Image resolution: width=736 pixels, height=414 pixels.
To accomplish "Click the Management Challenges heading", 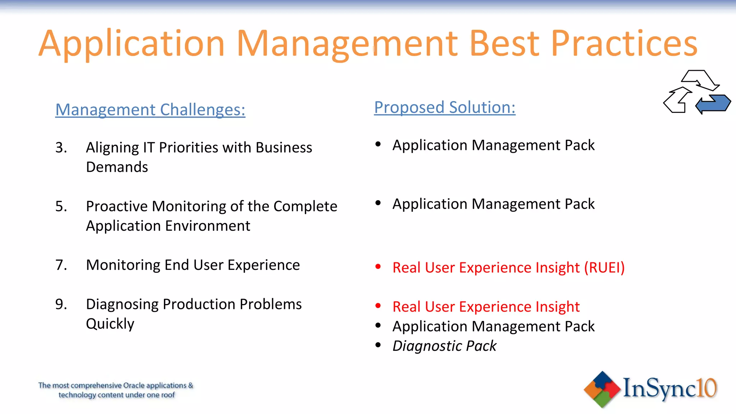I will [x=150, y=110].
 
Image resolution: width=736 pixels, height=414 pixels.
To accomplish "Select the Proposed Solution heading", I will [x=445, y=107].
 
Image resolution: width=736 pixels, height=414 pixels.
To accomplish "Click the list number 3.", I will [x=61, y=148].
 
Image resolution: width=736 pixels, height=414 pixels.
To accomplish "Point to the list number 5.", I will [x=61, y=206].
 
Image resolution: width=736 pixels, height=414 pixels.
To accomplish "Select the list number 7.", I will [x=61, y=265].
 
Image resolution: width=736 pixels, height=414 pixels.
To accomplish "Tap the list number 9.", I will [x=61, y=304].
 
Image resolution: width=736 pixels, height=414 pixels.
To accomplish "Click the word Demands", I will [x=117, y=167].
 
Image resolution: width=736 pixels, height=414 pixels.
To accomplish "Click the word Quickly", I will [x=110, y=324].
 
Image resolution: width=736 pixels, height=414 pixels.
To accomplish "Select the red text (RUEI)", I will [x=604, y=268].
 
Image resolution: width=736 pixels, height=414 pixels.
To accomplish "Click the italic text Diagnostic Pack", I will [x=444, y=346].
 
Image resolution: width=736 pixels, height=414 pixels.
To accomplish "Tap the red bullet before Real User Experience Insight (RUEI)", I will [x=378, y=267].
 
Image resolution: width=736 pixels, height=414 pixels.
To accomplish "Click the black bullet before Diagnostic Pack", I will [x=378, y=345].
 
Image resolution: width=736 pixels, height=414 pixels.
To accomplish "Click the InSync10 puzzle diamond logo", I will [x=602, y=389].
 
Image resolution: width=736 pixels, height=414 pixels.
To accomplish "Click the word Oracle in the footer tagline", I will [x=134, y=386].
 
